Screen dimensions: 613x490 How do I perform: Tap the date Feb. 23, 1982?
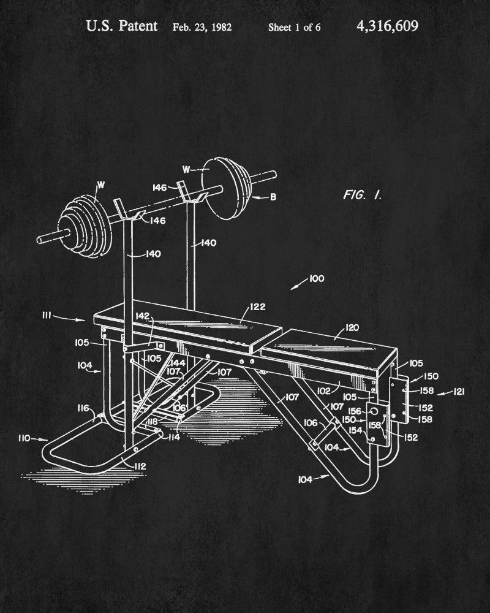click(x=202, y=27)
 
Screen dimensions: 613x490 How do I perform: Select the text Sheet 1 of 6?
click(x=294, y=28)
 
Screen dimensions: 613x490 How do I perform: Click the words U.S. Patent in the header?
click(x=121, y=26)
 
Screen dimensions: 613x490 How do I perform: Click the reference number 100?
click(x=317, y=278)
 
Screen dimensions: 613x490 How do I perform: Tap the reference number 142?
click(x=143, y=316)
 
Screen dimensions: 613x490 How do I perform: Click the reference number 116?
click(x=83, y=408)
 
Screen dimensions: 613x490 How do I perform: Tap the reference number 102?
click(x=324, y=389)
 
